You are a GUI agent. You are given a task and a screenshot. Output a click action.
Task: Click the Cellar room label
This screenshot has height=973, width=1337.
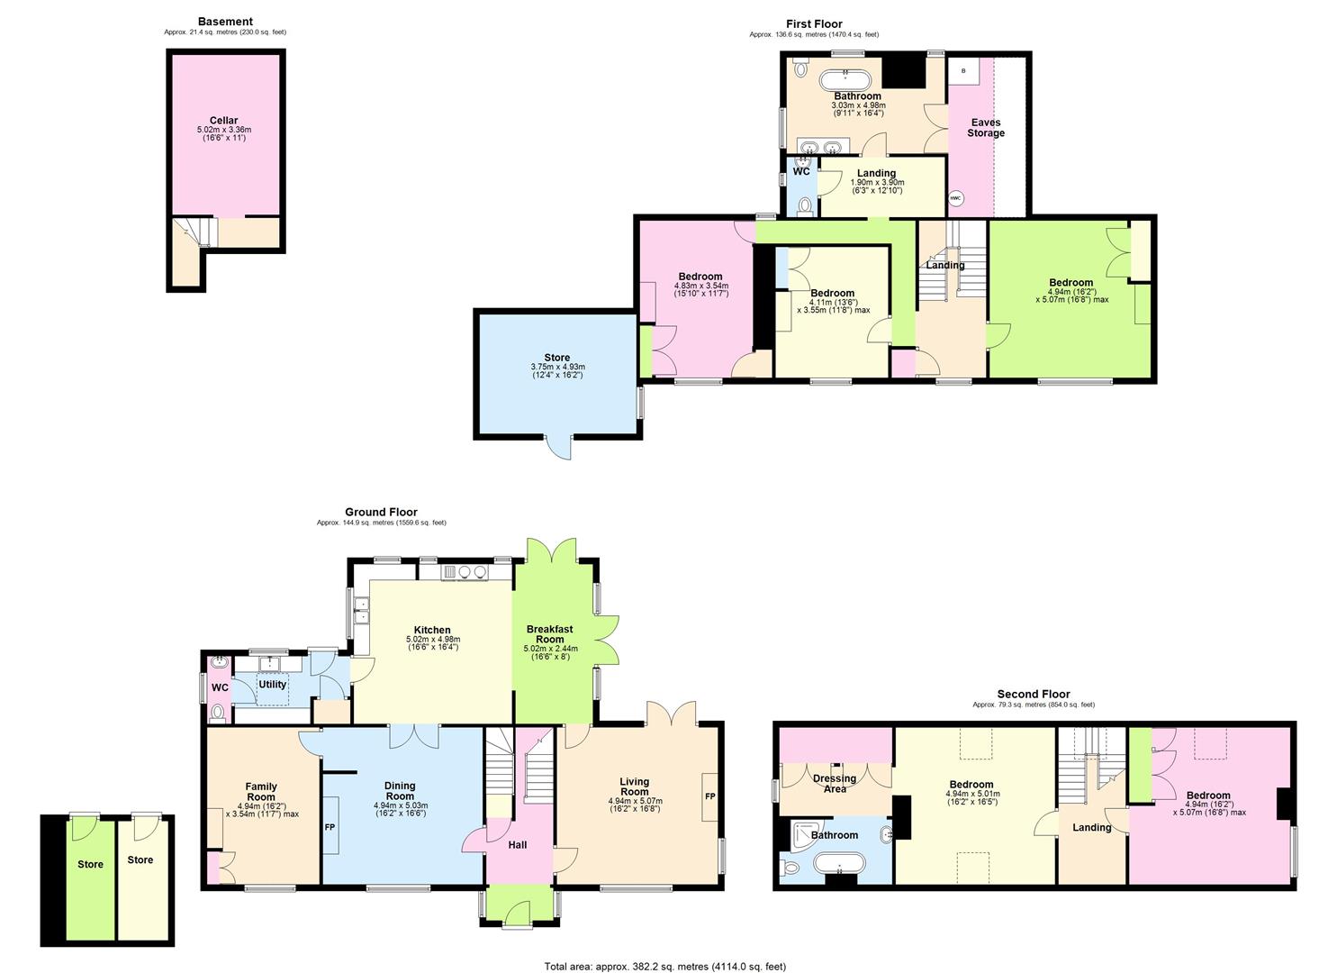click(x=224, y=121)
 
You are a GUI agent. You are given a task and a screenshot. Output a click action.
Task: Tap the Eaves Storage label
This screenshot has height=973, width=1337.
click(x=986, y=128)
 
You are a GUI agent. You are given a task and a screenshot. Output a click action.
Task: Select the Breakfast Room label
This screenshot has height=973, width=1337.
click(x=550, y=634)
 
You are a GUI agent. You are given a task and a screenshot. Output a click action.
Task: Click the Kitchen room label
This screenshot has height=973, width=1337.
click(x=432, y=630)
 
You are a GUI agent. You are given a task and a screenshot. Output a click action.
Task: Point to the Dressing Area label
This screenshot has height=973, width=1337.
click(x=835, y=784)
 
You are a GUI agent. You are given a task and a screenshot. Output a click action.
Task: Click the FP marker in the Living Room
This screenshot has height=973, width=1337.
click(x=709, y=797)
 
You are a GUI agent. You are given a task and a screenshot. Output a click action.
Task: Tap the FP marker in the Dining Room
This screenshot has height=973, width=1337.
click(x=330, y=825)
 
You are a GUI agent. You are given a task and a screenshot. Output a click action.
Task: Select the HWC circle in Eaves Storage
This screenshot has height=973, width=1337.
click(x=956, y=198)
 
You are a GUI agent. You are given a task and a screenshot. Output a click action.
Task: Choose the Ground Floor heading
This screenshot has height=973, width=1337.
click(x=381, y=512)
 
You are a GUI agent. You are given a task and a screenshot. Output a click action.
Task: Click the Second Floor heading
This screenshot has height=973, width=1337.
click(x=1034, y=695)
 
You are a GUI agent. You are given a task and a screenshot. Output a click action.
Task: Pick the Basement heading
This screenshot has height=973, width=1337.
click(x=225, y=22)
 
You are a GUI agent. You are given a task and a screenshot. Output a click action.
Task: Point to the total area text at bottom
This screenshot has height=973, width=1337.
click(x=664, y=966)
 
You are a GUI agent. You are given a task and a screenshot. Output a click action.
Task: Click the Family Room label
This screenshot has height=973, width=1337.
click(x=261, y=792)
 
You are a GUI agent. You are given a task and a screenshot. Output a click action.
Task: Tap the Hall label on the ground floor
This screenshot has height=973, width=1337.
click(x=517, y=845)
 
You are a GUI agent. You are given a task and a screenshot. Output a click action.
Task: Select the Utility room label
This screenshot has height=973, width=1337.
click(x=272, y=685)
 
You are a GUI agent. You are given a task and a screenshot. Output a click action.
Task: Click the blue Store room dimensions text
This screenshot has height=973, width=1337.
click(x=557, y=370)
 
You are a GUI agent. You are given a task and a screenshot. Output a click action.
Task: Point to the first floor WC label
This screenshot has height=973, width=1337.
click(x=800, y=171)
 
